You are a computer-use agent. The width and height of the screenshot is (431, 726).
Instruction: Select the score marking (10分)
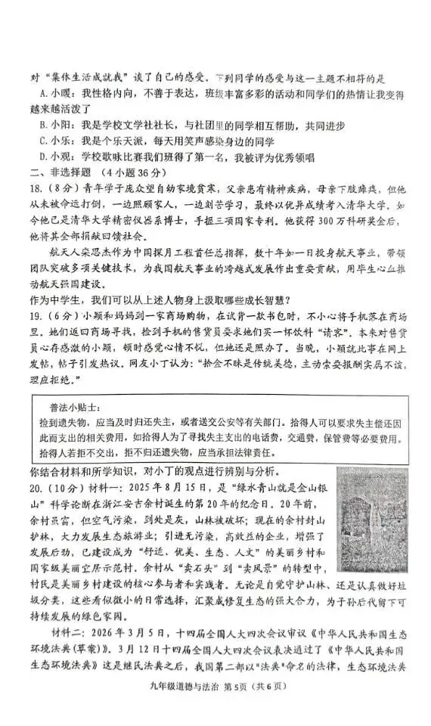pos(67,484)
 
